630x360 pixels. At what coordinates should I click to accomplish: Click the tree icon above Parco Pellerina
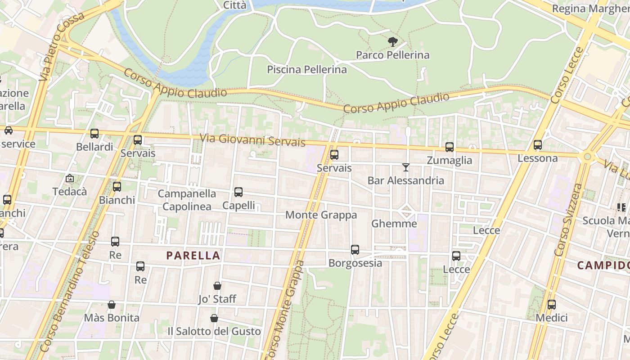(393, 42)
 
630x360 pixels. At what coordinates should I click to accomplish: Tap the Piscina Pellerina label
(307, 70)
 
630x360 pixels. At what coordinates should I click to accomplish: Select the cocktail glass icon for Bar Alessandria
(406, 167)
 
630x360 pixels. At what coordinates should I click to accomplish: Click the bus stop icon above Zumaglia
(449, 147)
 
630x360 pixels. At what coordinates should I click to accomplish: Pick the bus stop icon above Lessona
(538, 145)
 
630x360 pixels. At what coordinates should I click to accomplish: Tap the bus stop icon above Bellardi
(94, 134)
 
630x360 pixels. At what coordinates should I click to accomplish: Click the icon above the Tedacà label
(69, 178)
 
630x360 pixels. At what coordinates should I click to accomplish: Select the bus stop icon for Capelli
(238, 192)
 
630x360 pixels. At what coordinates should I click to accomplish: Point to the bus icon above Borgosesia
(355, 250)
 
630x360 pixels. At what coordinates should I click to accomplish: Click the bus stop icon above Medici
(552, 305)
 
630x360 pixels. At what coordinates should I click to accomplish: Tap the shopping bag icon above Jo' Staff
(217, 286)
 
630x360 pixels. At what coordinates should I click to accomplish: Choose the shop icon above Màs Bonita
(112, 305)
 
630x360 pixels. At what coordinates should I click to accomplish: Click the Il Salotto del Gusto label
(214, 332)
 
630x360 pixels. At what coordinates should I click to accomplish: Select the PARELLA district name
(193, 256)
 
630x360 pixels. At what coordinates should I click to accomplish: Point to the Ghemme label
(394, 224)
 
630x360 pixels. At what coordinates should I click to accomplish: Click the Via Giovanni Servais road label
(252, 139)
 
